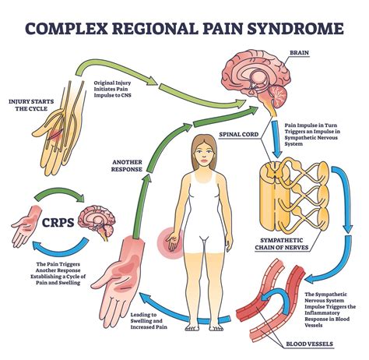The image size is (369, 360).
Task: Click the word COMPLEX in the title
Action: tap(65, 30)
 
